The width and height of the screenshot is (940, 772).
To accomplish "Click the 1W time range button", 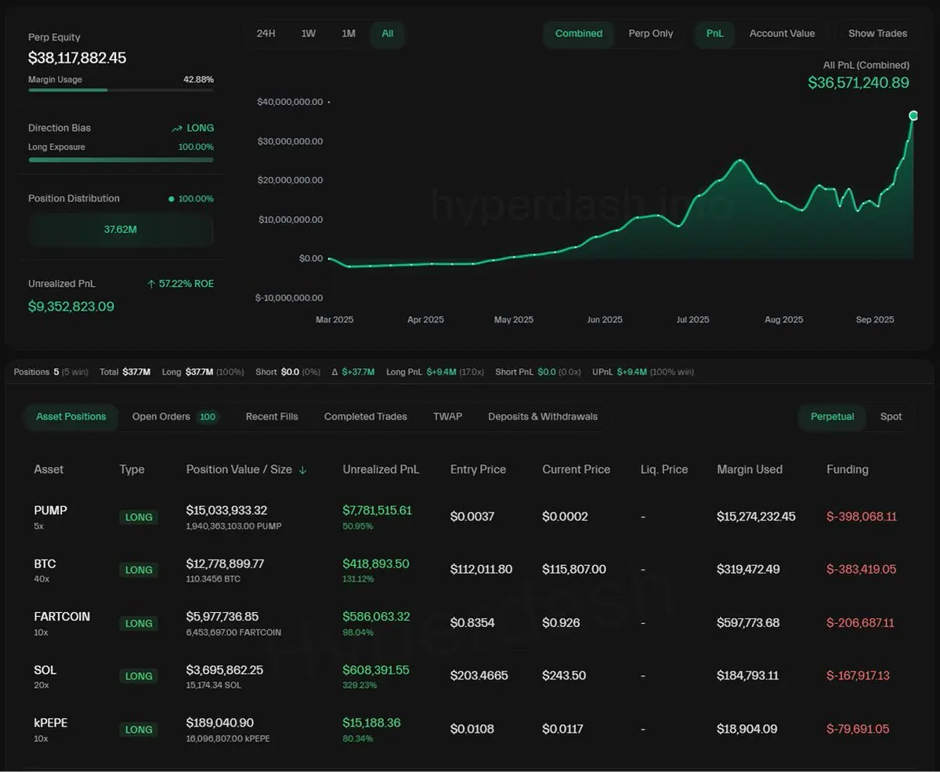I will (308, 34).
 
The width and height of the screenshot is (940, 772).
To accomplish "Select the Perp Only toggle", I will (650, 34).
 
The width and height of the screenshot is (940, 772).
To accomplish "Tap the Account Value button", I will (781, 34).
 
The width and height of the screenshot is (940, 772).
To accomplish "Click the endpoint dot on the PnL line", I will (913, 116).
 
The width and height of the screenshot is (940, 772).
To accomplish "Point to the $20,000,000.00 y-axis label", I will (290, 180).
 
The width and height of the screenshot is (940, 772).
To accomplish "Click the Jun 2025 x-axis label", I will (605, 320).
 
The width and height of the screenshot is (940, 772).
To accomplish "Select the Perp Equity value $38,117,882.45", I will (77, 59).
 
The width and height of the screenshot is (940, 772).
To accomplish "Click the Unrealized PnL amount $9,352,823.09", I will (71, 306).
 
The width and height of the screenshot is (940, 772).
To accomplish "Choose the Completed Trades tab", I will (365, 417).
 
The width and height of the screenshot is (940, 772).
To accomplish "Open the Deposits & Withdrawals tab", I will (542, 417).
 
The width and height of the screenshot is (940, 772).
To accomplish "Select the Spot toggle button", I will (891, 417).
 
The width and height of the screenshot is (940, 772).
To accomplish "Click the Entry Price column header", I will (478, 469).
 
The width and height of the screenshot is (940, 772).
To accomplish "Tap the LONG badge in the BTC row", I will (139, 571).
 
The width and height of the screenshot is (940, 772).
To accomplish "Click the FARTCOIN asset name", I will (62, 617).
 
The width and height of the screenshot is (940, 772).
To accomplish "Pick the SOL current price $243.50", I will (563, 676).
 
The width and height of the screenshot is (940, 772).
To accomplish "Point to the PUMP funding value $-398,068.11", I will (861, 516).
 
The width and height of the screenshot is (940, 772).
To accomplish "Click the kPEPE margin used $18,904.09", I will (747, 729).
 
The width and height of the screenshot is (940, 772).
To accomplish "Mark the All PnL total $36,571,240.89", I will (858, 82).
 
